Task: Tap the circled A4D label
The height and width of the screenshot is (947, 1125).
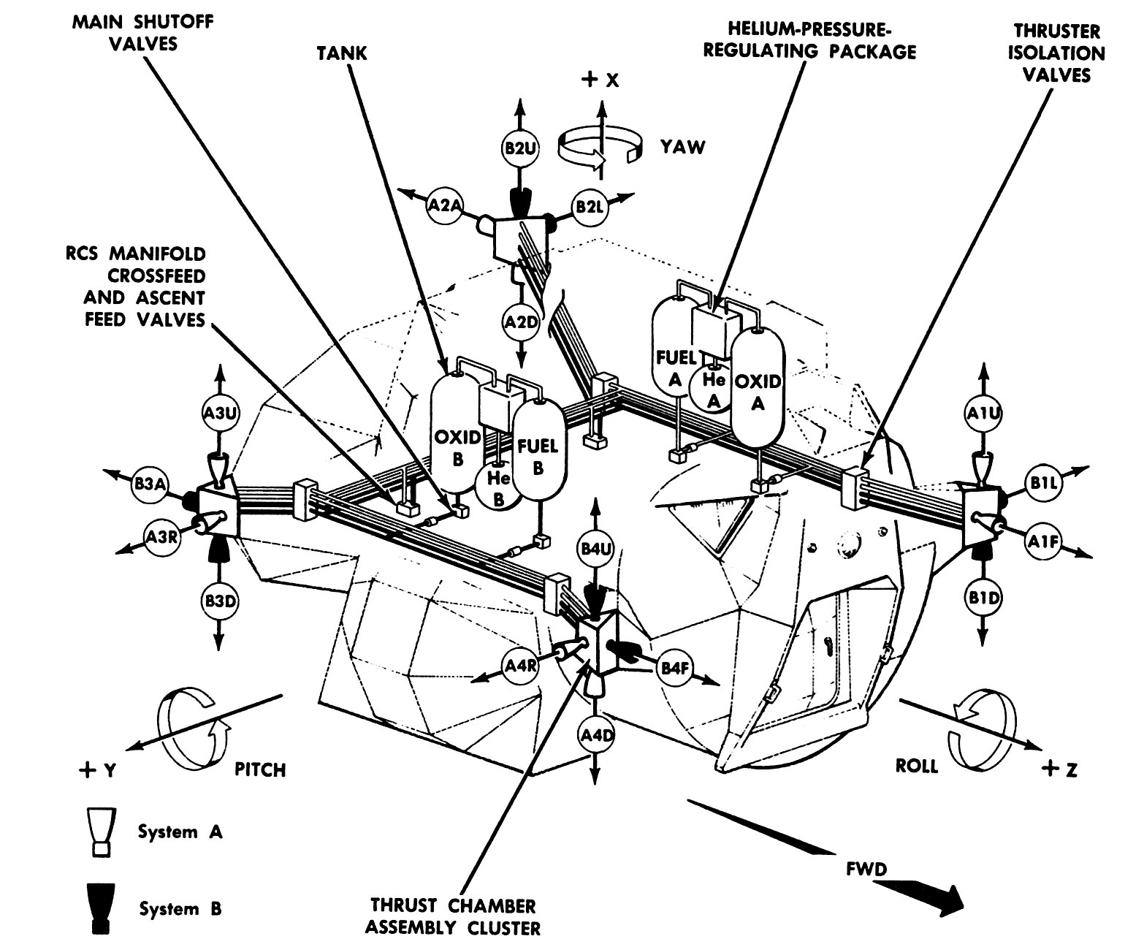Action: coord(597,734)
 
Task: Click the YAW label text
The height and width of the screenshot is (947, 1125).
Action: coord(683,147)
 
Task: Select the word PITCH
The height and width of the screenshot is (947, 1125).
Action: coord(260,769)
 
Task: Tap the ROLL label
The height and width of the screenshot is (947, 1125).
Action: coord(917,767)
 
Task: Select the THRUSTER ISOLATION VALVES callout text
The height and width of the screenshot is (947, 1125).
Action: coord(1056,53)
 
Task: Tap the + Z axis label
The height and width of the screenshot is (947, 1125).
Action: coord(1061,769)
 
